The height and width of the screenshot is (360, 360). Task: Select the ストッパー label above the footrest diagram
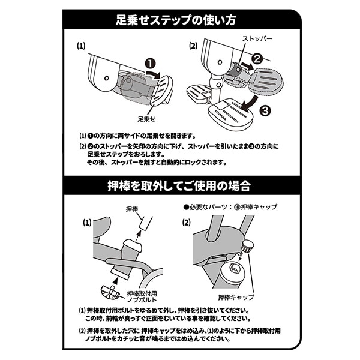pos(257,38)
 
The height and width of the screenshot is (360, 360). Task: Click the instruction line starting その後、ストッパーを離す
pos(157,162)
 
